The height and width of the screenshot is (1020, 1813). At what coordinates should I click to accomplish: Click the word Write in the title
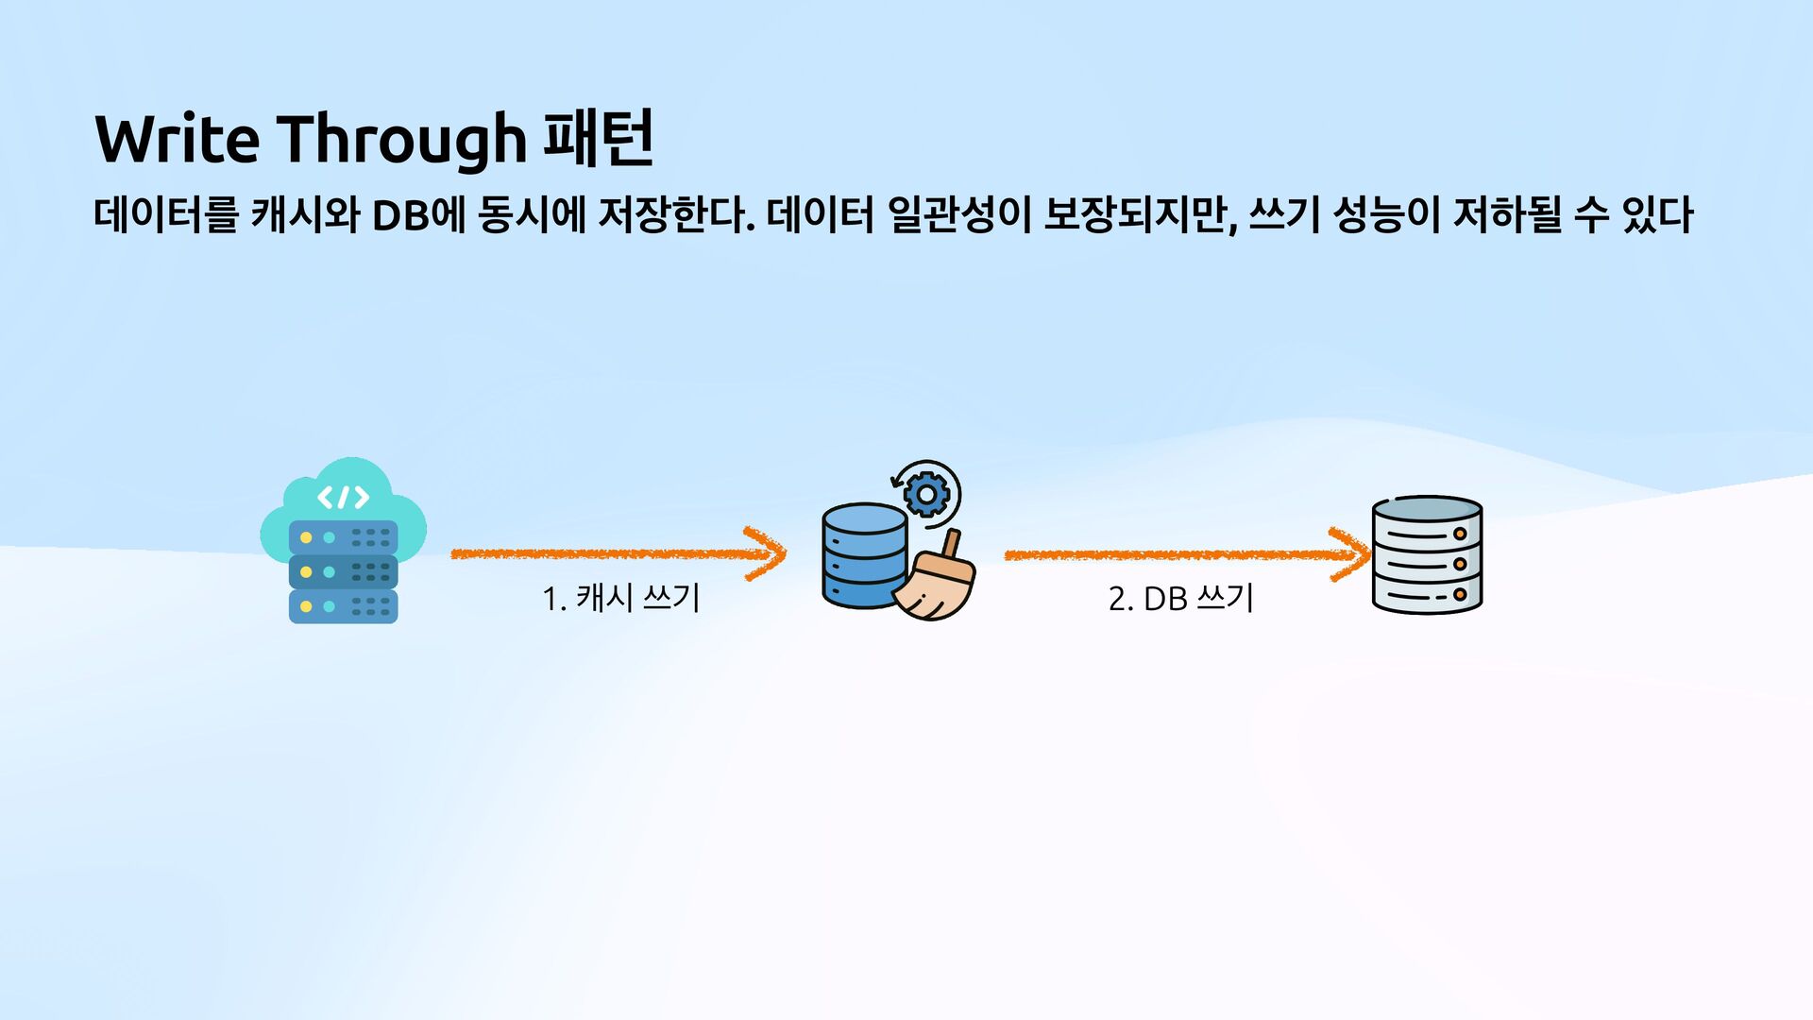pyautogui.click(x=178, y=139)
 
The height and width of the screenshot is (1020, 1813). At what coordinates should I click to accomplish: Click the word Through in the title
pyautogui.click(x=402, y=139)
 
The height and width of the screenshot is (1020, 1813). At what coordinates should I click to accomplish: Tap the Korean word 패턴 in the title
pyautogui.click(x=599, y=139)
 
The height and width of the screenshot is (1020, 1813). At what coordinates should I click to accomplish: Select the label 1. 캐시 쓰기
pyautogui.click(x=620, y=598)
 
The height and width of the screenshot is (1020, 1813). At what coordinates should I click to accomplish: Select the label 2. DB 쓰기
pyautogui.click(x=1180, y=598)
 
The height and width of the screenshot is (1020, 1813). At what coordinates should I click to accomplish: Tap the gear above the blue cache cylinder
pyautogui.click(x=926, y=493)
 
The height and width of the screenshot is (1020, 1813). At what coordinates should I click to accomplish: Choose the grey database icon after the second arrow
pyautogui.click(x=1427, y=555)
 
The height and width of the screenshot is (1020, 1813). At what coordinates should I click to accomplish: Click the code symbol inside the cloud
pyautogui.click(x=343, y=497)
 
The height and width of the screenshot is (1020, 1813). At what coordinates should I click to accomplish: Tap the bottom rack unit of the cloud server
pyautogui.click(x=343, y=606)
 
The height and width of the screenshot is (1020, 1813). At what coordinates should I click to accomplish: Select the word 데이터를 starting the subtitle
pyautogui.click(x=165, y=215)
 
